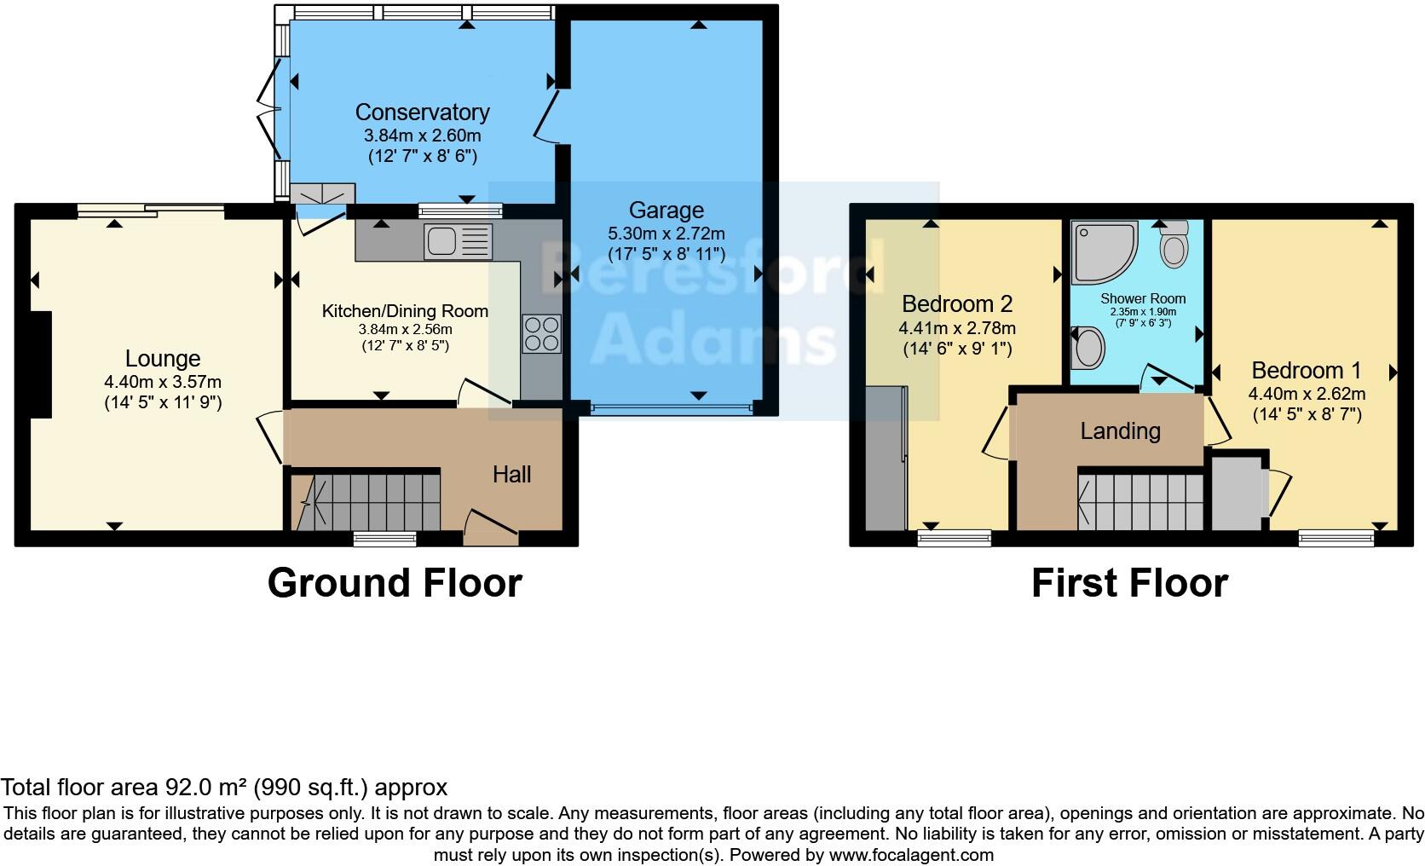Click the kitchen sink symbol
pos(458,240)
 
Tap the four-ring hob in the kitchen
pos(542,333)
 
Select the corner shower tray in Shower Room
pos(1104,251)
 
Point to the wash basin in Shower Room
pos(1088,348)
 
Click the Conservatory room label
pos(422,113)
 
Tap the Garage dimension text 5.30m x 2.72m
pos(666,233)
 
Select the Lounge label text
pos(163,359)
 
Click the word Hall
pos(511,474)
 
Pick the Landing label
pos(1120,430)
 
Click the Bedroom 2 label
pos(957,303)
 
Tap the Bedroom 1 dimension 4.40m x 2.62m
pos(1307,394)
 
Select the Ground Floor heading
pos(394,584)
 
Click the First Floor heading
pos(1129,584)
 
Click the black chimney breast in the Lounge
pos(40,365)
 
